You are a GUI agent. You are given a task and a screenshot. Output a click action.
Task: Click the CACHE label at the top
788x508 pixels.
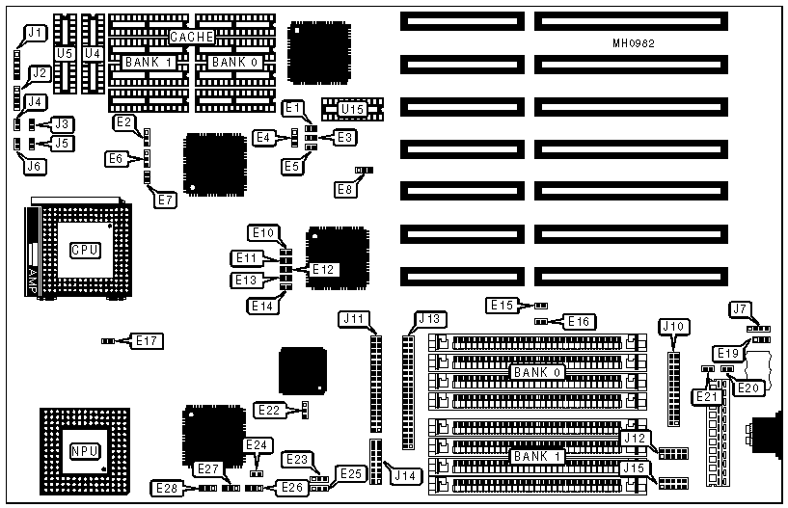click(191, 37)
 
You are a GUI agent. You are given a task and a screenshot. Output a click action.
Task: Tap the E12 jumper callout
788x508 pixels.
click(323, 268)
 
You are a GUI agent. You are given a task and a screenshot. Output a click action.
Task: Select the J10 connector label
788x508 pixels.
click(673, 327)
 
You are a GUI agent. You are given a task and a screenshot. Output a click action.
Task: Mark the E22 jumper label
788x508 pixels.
click(269, 411)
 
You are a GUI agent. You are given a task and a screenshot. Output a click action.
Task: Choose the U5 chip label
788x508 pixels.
click(65, 54)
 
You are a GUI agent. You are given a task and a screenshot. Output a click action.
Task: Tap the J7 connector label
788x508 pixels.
click(740, 308)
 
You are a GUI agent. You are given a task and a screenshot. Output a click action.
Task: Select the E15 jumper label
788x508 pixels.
click(502, 306)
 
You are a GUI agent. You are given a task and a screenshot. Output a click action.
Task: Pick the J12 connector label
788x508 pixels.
click(634, 439)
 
